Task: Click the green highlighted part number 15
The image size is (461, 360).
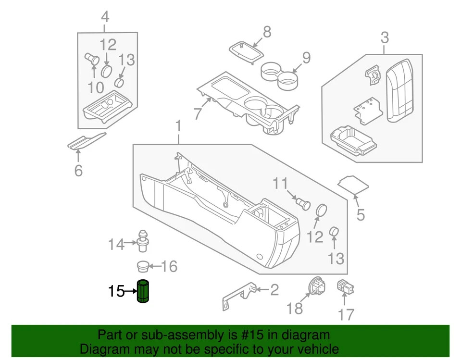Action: [x=143, y=291]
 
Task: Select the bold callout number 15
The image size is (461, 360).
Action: [x=116, y=291]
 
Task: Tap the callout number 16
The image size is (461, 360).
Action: [x=169, y=266]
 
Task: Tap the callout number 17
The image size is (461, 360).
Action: [x=346, y=315]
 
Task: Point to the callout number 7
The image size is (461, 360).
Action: [x=197, y=114]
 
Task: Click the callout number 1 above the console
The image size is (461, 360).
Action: [x=178, y=127]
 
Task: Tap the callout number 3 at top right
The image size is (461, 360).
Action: [x=385, y=37]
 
